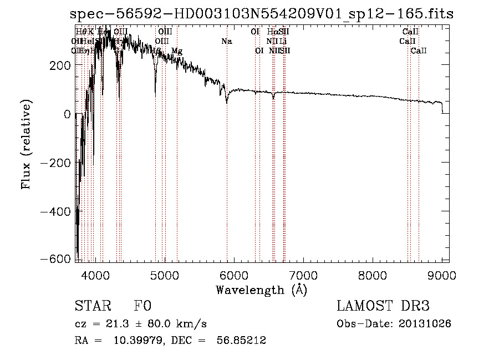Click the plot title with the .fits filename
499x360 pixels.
click(262, 14)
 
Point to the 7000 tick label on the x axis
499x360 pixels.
click(303, 275)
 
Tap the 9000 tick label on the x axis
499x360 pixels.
click(442, 275)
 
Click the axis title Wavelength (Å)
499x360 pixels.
click(261, 290)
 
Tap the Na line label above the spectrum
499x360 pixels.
click(226, 42)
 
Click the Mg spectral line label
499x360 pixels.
click(177, 51)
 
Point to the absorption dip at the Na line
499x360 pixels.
click(227, 102)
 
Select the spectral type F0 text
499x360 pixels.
click(142, 307)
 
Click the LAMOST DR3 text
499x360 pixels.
click(383, 306)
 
